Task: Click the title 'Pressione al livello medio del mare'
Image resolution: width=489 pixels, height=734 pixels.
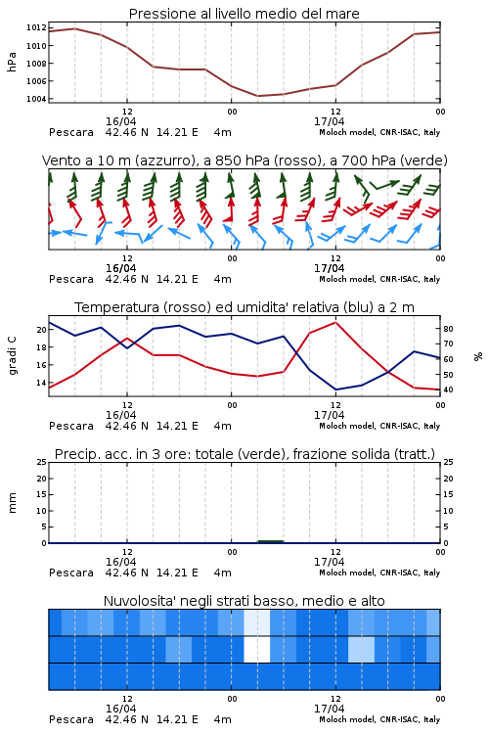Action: [244, 14]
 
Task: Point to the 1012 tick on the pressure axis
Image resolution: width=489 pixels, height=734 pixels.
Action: [36, 27]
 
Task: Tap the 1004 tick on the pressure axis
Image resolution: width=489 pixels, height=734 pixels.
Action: [36, 99]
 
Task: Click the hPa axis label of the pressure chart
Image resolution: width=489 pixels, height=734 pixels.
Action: [12, 62]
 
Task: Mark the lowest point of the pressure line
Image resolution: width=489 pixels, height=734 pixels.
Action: [258, 96]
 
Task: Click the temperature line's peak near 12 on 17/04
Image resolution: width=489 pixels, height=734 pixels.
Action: [335, 322]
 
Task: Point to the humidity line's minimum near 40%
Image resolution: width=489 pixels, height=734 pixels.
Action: [335, 390]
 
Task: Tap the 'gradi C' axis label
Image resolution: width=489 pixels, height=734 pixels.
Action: [12, 355]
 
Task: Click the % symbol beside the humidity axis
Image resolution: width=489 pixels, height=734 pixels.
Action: [478, 356]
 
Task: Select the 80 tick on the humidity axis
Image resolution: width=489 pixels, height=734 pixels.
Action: [448, 329]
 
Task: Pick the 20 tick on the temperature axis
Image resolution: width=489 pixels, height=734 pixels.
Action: [42, 330]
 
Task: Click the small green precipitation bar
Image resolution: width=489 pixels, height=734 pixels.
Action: [271, 541]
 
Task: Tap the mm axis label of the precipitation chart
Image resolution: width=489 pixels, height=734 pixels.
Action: [12, 503]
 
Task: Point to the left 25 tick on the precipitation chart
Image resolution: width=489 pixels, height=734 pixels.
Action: [42, 462]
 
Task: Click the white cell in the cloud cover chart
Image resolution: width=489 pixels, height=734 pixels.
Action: [257, 649]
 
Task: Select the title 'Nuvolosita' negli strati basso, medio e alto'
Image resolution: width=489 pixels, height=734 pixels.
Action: [244, 601]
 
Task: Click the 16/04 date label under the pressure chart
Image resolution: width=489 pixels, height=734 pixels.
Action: [120, 121]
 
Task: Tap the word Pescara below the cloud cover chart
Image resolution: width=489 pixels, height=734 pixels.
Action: [71, 719]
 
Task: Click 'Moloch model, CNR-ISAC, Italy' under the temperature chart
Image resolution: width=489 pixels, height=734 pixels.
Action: [379, 426]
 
